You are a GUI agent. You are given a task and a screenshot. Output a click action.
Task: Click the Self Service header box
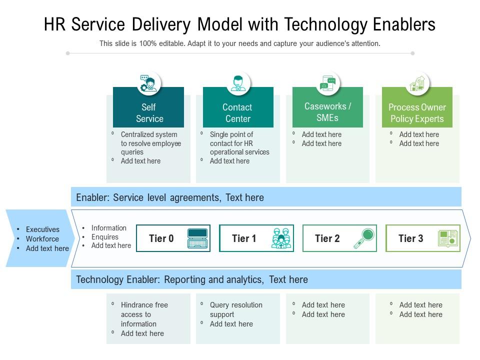click(x=148, y=112)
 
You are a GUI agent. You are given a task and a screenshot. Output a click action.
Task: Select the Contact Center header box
click(x=238, y=112)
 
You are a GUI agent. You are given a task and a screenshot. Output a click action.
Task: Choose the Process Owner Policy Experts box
click(x=417, y=112)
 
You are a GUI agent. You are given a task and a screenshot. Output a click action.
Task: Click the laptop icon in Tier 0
click(x=197, y=238)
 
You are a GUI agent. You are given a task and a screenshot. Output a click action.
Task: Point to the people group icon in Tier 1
click(x=281, y=238)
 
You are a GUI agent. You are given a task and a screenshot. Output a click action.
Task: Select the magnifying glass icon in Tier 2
click(x=364, y=238)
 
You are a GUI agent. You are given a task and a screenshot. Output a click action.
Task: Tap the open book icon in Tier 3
click(x=448, y=238)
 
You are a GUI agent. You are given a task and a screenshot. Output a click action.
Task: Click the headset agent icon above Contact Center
click(x=238, y=83)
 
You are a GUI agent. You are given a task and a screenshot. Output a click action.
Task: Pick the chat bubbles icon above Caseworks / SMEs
click(x=328, y=83)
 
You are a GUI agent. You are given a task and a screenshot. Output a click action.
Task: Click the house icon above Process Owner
click(x=417, y=83)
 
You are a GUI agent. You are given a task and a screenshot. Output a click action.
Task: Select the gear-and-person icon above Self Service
click(x=148, y=83)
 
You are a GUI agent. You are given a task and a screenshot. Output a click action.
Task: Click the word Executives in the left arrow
click(x=42, y=229)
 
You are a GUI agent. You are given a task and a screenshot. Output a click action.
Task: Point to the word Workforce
click(x=42, y=239)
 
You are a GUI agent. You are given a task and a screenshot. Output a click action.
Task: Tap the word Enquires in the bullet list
click(x=105, y=237)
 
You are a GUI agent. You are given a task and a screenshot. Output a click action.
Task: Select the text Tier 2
click(x=327, y=238)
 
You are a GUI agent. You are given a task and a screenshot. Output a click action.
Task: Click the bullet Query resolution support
click(x=236, y=309)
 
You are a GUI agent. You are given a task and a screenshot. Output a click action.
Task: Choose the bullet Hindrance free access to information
click(x=144, y=314)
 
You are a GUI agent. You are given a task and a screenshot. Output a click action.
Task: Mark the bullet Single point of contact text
click(x=239, y=143)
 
